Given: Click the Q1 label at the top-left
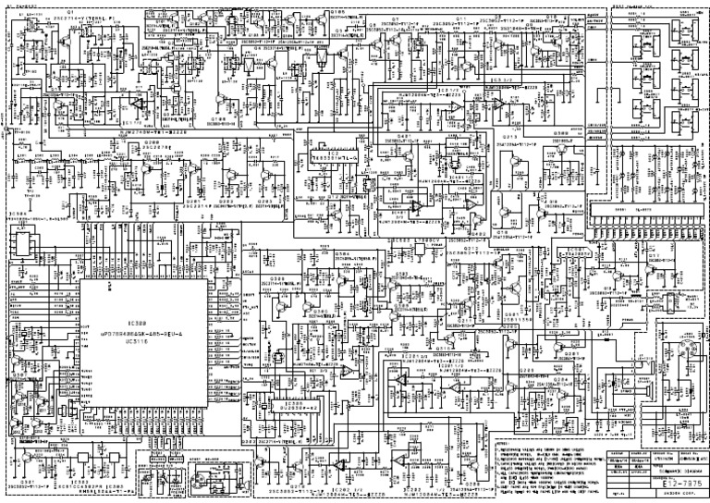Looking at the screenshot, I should [x=56, y=12].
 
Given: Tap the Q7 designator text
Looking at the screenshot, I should [x=395, y=18].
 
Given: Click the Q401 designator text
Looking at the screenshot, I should [x=404, y=136].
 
